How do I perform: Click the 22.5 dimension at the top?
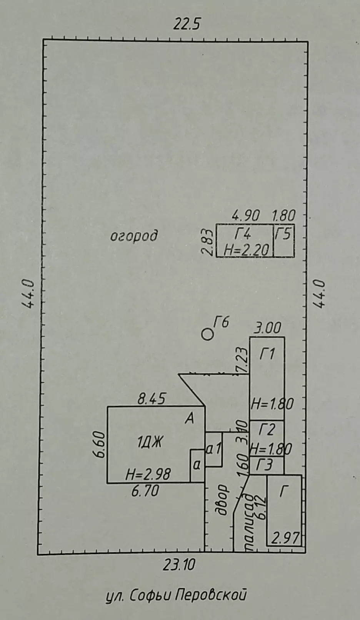[x=187, y=24]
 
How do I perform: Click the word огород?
[x=134, y=237]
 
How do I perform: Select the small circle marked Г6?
[x=208, y=334]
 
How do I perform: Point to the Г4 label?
[x=243, y=234]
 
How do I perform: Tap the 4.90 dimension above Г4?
[x=246, y=215]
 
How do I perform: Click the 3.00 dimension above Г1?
[x=267, y=328]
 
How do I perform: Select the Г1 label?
[x=267, y=354]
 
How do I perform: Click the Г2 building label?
[x=267, y=430]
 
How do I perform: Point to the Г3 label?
[x=264, y=465]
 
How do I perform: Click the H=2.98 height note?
[x=148, y=474]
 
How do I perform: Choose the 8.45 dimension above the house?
[x=152, y=399]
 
